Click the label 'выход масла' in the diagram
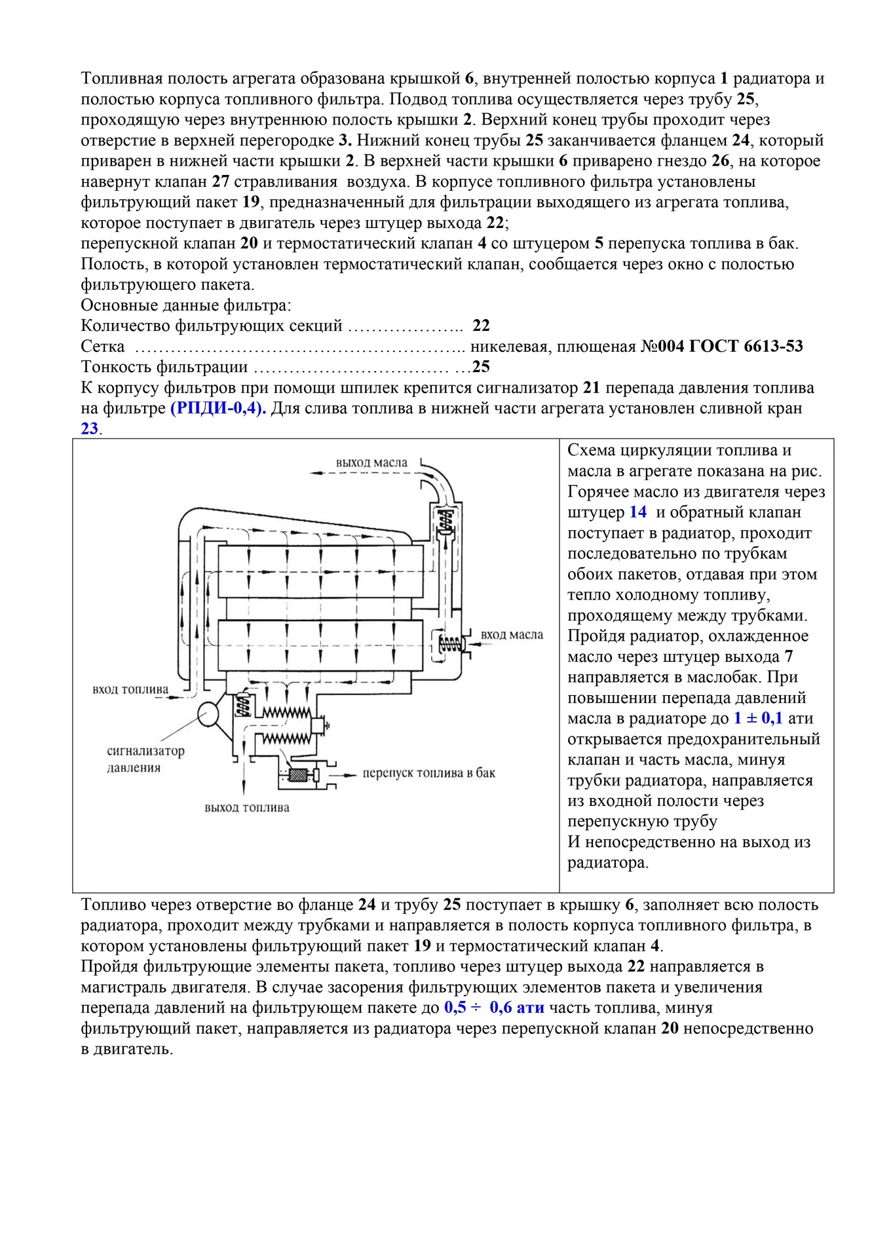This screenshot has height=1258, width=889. point(371,463)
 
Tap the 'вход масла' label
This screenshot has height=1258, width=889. point(512,635)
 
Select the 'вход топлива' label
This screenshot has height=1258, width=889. point(130,689)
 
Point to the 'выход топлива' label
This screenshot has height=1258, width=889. point(247,808)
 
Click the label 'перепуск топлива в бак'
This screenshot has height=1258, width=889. point(429,773)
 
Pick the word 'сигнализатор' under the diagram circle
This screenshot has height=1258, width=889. point(145,751)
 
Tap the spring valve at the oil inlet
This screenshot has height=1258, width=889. point(447,644)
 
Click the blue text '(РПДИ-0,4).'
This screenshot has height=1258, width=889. point(218,408)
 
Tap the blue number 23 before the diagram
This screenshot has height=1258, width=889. point(89,429)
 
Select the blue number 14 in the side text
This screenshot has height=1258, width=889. point(637,512)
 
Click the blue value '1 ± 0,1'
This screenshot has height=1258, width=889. point(757,719)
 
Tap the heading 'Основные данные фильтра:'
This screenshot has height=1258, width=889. point(186,305)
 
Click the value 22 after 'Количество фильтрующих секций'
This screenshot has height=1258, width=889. point(481,326)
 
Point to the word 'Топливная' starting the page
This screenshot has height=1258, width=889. point(121,79)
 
